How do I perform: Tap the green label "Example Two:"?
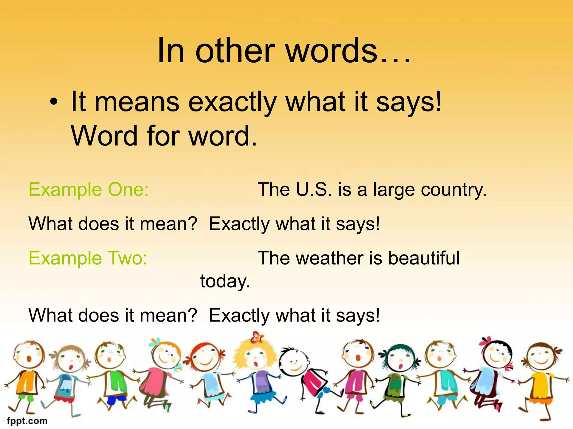(x=88, y=258)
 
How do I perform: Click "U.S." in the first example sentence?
(x=314, y=190)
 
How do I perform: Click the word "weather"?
(x=330, y=258)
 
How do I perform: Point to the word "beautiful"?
(x=424, y=258)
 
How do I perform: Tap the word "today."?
(x=225, y=281)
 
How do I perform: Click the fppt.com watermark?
(x=27, y=421)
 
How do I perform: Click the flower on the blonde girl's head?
(x=257, y=337)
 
